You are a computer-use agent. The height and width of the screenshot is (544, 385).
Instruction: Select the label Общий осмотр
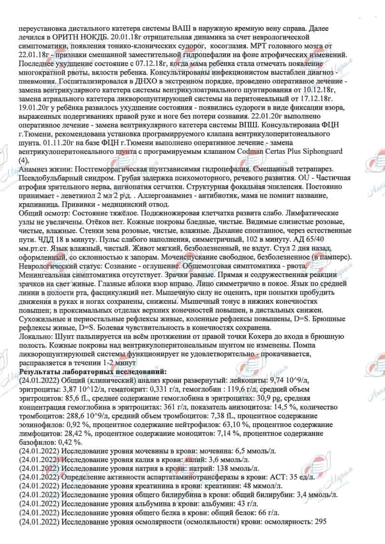coord(42,213)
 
